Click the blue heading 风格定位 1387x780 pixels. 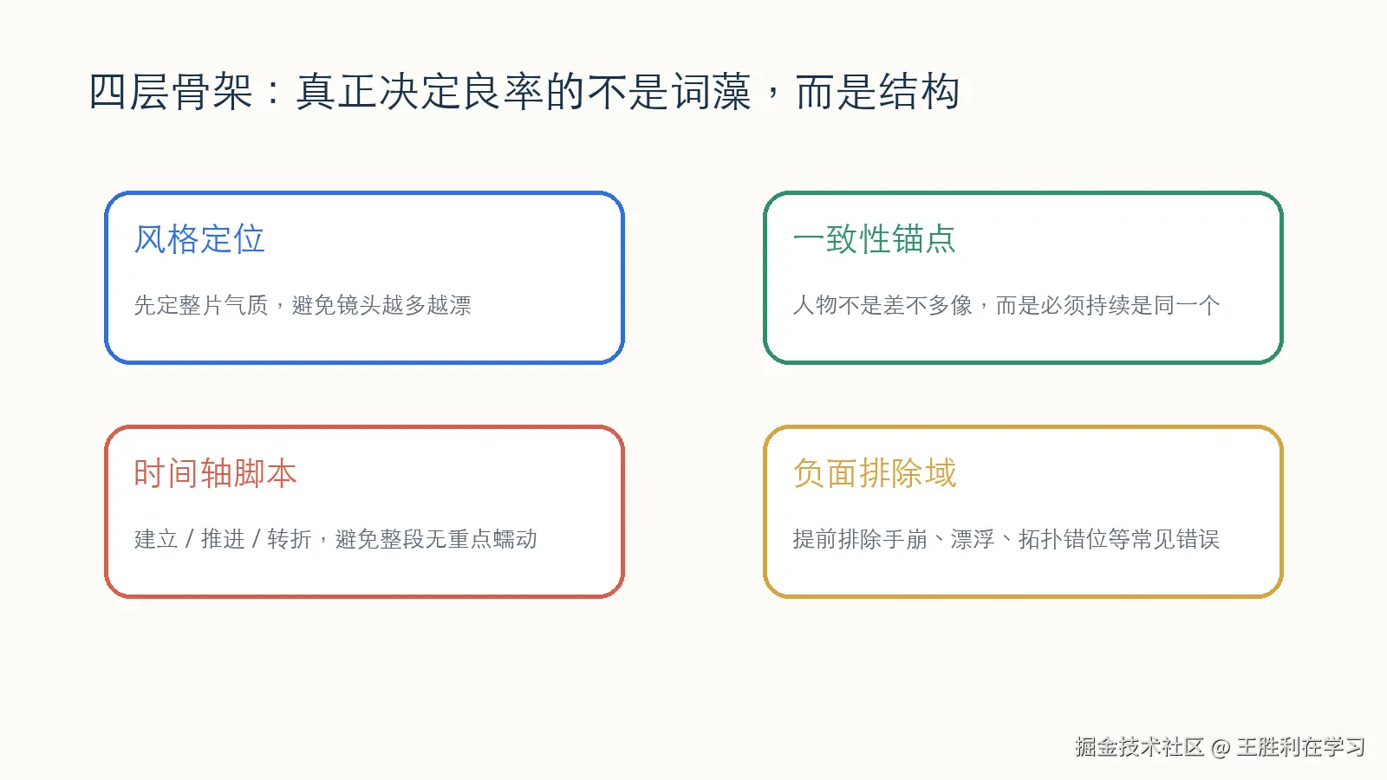[x=199, y=239]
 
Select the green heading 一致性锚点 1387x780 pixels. [x=874, y=239]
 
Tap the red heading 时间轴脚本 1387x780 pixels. [x=215, y=473]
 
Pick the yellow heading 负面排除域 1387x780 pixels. [x=874, y=473]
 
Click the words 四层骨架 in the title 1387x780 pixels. [x=171, y=92]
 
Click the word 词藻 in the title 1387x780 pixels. [x=711, y=92]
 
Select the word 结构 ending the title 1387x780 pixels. [x=919, y=92]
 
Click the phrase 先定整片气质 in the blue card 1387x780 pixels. [x=201, y=305]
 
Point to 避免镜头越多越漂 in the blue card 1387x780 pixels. [x=381, y=305]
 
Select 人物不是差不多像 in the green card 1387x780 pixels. [x=882, y=305]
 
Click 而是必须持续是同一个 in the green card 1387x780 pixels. [x=1107, y=305]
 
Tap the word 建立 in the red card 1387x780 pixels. [x=156, y=539]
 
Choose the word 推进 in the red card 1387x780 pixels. [x=223, y=539]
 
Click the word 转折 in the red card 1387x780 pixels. [x=290, y=539]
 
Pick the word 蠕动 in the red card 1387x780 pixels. [x=515, y=539]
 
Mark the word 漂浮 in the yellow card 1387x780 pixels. [x=973, y=539]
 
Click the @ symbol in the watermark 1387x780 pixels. [x=1221, y=747]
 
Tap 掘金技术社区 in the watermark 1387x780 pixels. [x=1139, y=747]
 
